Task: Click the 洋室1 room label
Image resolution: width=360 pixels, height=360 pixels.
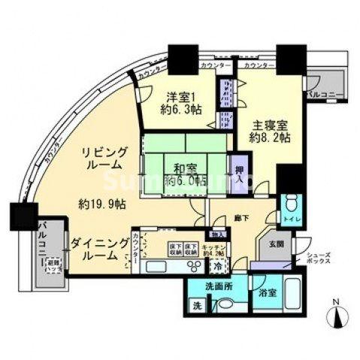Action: (x=181, y=96)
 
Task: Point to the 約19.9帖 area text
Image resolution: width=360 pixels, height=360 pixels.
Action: (x=101, y=203)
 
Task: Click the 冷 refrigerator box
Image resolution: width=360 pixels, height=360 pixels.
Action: (x=216, y=267)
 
